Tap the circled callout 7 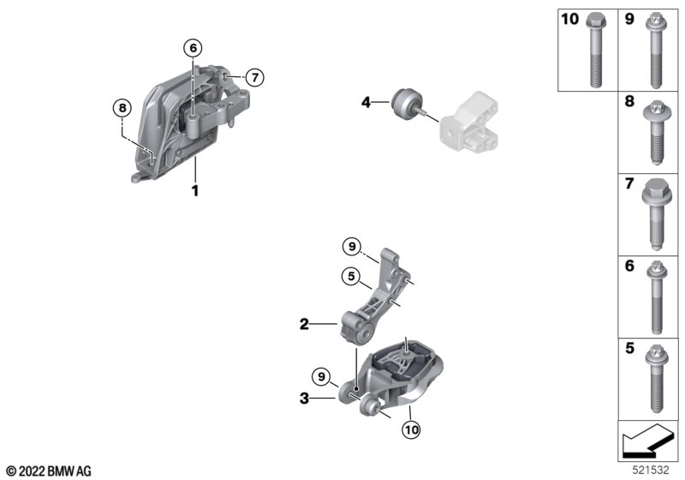[x=253, y=77]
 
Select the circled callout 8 [x=122, y=108]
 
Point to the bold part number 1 [x=195, y=190]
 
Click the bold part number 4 [x=366, y=103]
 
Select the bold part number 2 [x=303, y=325]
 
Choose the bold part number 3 [x=303, y=398]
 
